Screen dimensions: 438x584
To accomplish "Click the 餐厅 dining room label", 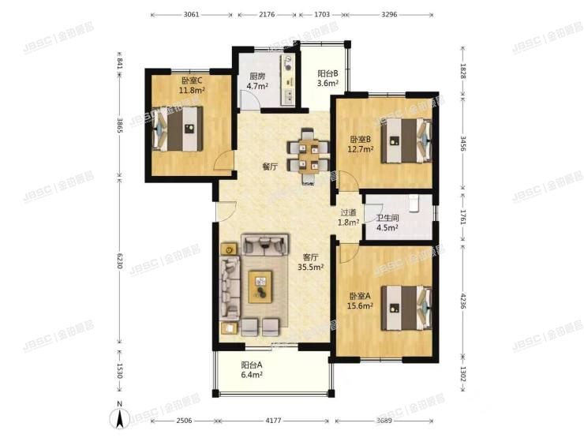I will [x=270, y=167].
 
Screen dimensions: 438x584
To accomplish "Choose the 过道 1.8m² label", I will [x=349, y=217].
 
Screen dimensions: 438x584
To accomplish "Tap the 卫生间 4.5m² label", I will [x=387, y=223].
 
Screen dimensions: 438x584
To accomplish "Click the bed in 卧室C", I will [x=180, y=127].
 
